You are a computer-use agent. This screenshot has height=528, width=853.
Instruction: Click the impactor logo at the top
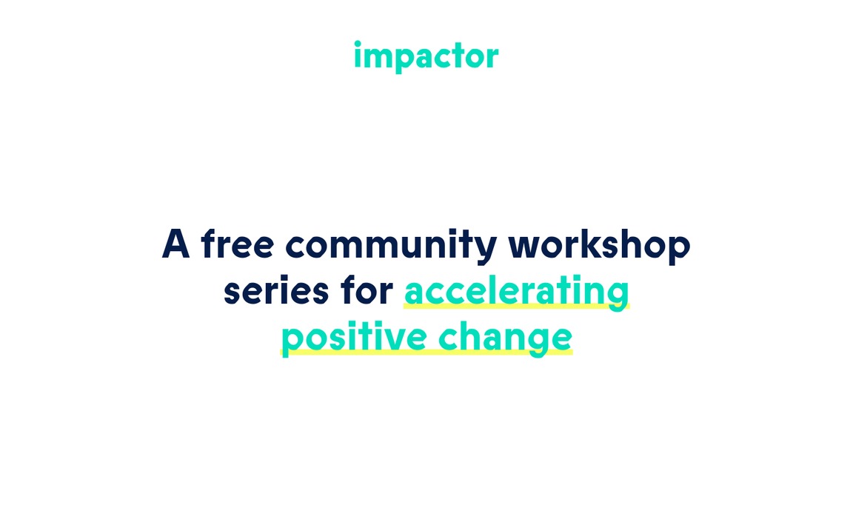(426, 56)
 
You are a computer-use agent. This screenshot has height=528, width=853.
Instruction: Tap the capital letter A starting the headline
(175, 244)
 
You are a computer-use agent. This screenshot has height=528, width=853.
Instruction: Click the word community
(391, 246)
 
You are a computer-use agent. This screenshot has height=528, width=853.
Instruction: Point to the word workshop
(599, 246)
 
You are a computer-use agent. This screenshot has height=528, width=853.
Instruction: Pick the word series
(276, 291)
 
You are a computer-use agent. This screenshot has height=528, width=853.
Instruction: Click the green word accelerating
(516, 293)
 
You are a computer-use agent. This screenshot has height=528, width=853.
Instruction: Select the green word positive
(354, 338)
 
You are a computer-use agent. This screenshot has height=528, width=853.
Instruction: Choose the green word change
(506, 338)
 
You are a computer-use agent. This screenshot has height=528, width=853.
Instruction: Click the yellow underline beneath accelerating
(516, 307)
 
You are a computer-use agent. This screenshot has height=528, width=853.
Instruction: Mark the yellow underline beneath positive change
(426, 352)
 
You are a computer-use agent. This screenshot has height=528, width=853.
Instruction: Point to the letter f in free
(210, 243)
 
